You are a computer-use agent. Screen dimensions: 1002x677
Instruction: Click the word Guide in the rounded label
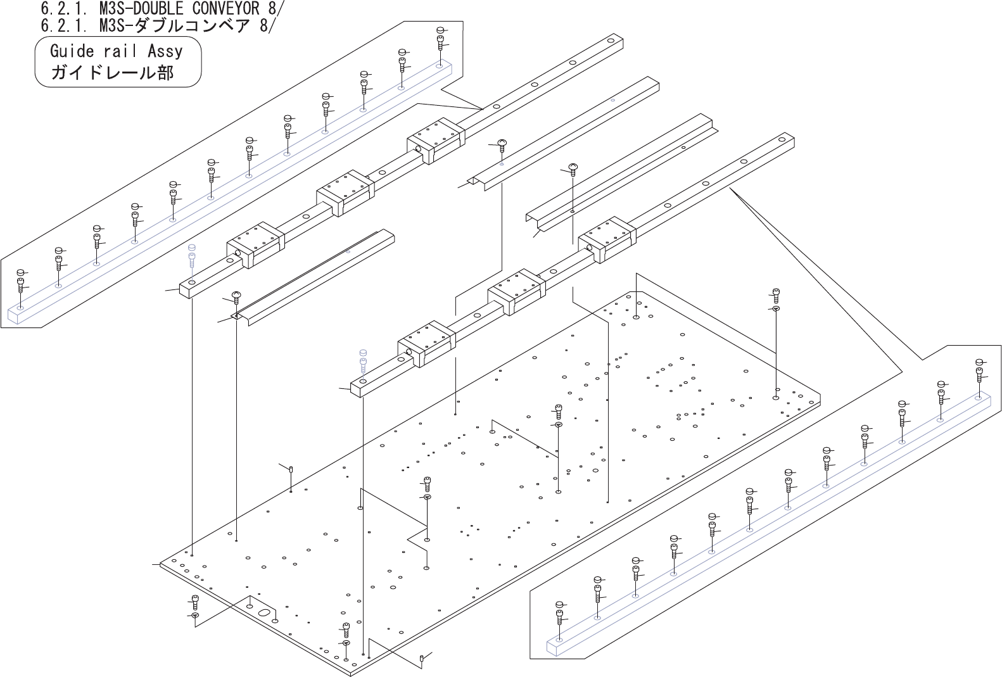point(72,51)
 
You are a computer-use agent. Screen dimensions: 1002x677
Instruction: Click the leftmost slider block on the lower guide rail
point(426,345)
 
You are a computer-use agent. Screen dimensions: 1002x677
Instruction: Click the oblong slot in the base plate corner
point(264,612)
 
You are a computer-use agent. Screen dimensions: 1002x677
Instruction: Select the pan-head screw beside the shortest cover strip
point(237,296)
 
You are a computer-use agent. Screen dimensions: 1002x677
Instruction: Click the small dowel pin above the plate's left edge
point(291,469)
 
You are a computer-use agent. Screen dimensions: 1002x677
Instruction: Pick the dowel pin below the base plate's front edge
point(422,659)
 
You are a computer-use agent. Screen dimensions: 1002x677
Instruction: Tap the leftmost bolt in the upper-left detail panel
point(21,282)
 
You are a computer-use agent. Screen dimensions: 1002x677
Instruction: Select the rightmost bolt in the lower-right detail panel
point(979,370)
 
